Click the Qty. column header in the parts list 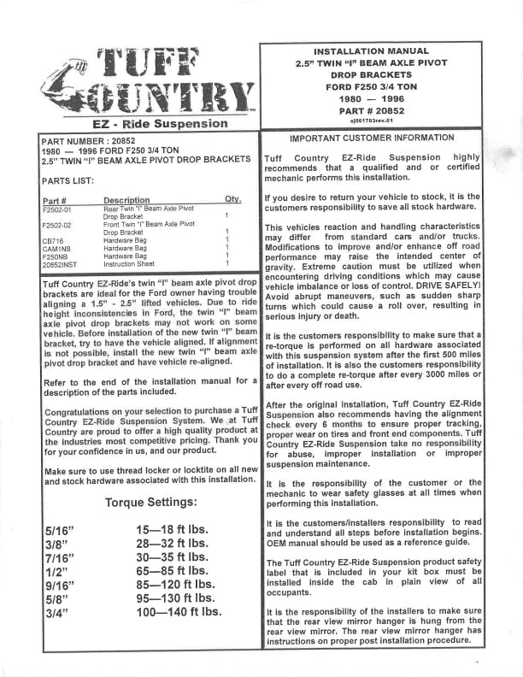coord(232,200)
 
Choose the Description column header coord(126,200)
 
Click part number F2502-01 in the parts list coord(62,209)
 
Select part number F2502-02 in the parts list coord(62,225)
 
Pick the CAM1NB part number coord(56,249)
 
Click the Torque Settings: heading coord(151,502)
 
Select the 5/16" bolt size coord(59,531)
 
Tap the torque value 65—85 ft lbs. coord(171,570)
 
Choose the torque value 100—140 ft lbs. coord(178,611)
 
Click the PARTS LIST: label coord(68,181)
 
